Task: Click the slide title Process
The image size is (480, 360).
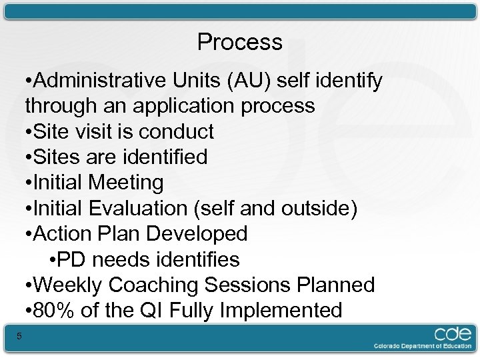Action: point(240,43)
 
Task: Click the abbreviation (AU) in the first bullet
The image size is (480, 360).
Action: point(249,81)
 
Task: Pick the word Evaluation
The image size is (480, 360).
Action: point(143,209)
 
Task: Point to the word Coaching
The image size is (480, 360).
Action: point(154,285)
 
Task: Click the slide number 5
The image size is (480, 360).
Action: point(19,337)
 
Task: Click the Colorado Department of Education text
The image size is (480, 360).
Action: point(423,346)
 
